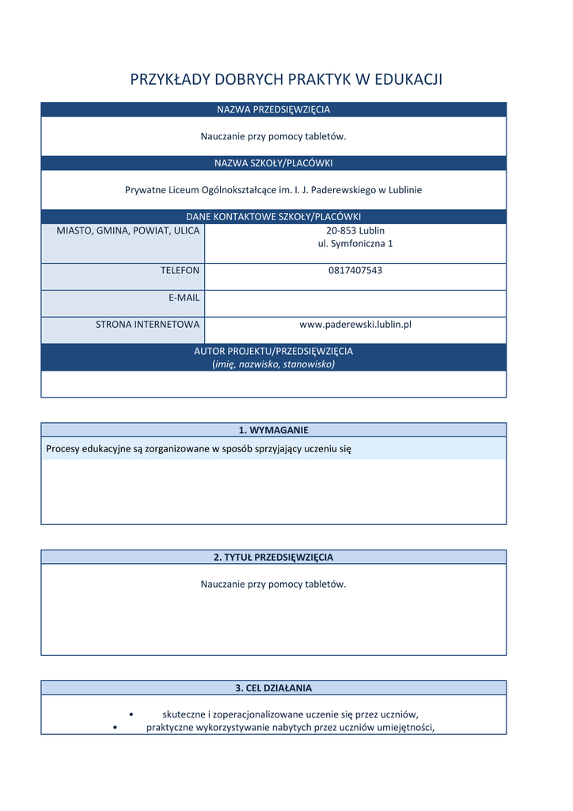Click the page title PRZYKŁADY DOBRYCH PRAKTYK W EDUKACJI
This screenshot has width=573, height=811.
[x=286, y=79]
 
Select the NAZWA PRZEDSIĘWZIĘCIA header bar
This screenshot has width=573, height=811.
[x=273, y=109]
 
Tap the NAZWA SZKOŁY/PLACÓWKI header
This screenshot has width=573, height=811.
[x=273, y=163]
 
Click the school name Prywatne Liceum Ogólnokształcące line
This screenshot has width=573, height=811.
[x=273, y=190]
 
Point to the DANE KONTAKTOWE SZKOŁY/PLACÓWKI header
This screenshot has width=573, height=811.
[x=273, y=216]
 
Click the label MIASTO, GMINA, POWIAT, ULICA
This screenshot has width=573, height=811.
[x=128, y=230]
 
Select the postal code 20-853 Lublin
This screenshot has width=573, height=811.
[x=355, y=230]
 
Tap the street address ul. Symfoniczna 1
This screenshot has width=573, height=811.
[x=355, y=244]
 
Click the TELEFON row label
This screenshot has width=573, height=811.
[x=180, y=270]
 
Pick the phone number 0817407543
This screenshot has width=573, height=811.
[x=355, y=270]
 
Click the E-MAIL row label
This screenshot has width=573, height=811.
[x=184, y=297]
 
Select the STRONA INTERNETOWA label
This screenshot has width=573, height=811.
[x=148, y=324]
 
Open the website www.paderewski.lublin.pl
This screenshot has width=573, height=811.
[x=355, y=324]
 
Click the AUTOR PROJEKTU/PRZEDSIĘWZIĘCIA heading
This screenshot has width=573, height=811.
[x=273, y=351]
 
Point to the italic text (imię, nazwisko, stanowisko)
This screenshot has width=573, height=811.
[x=273, y=364]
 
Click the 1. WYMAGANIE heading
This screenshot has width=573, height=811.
[x=273, y=430]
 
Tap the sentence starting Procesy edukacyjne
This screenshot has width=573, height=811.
[x=198, y=449]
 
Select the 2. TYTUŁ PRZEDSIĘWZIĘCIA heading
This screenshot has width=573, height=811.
[x=273, y=557]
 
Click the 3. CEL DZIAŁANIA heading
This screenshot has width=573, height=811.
[x=273, y=687]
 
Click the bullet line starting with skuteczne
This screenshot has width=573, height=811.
[x=290, y=714]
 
